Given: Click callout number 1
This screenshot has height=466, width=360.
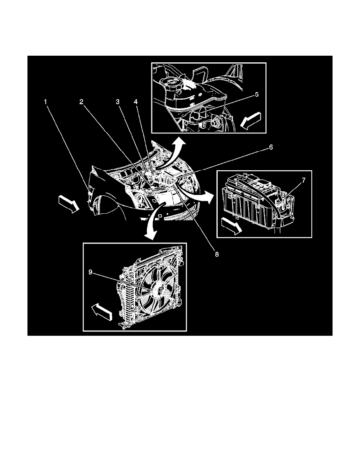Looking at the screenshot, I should coord(46,102).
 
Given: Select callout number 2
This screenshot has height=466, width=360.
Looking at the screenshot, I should coord(81,102).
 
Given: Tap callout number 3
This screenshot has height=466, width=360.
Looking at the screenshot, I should coord(117,102).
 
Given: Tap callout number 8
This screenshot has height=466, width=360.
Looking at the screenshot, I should coord(217,254).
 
